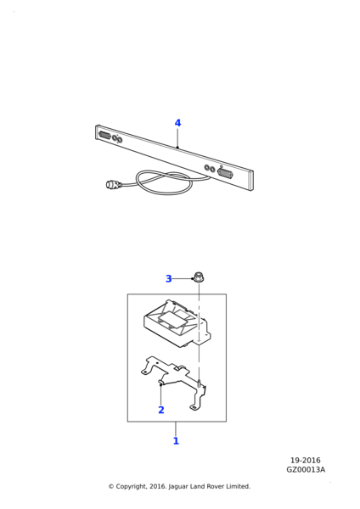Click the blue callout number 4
177,123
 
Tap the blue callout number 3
169,278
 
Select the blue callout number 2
161,410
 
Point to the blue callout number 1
176,441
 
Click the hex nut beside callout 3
198,277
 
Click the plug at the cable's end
113,185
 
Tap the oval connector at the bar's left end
104,135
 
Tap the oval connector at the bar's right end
226,173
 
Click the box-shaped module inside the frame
175,324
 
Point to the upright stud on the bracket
199,383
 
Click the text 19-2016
306,461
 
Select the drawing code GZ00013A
306,470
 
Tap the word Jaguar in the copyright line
178,487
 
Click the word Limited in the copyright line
238,486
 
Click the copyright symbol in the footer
111,486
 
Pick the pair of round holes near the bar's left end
117,139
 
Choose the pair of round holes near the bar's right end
210,169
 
